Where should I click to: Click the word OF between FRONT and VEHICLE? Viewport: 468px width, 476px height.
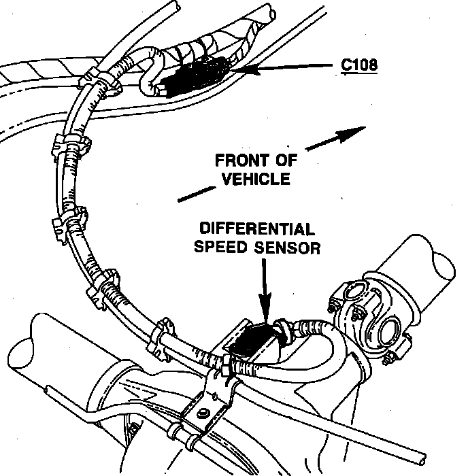[x=278, y=162]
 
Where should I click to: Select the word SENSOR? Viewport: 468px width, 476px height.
[x=286, y=246]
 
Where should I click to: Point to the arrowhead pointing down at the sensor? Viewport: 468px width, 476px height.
[x=264, y=313]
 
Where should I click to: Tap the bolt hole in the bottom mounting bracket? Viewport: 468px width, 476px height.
[x=203, y=414]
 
